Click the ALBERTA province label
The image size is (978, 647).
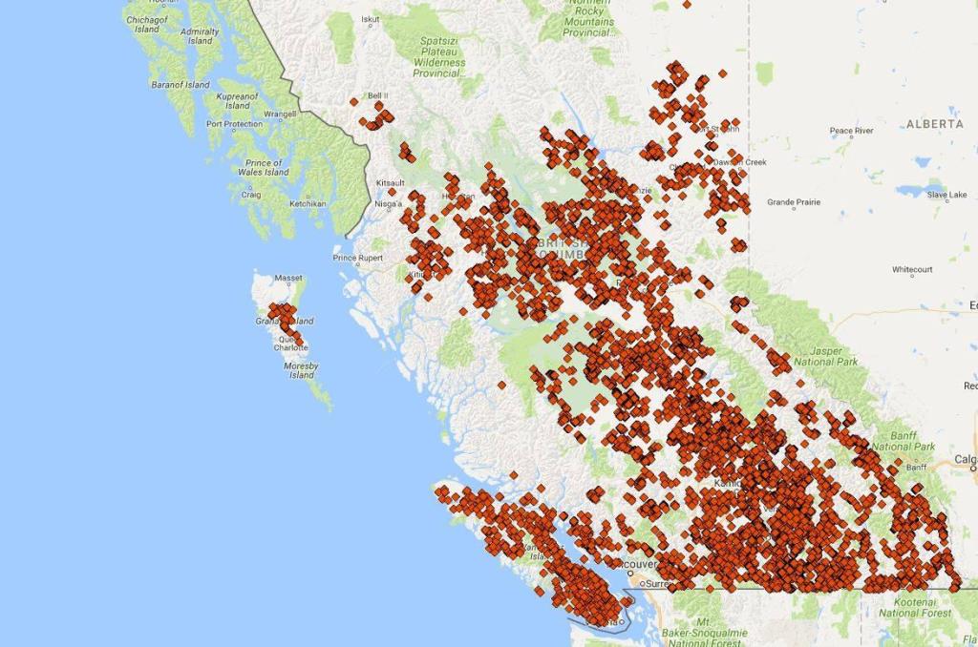coord(934,124)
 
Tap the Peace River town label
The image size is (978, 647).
coord(851,131)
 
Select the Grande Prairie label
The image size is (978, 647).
coord(793,202)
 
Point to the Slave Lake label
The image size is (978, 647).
coord(946,195)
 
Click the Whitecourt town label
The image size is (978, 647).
coord(912,270)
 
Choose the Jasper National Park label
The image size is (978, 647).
coord(826,356)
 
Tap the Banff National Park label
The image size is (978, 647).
coord(904,441)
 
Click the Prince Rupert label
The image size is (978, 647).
coord(357,258)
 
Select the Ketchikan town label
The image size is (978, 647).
coord(308,203)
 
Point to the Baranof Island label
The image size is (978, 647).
coord(180,85)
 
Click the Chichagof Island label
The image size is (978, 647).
coord(147,24)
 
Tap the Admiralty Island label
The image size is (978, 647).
coord(200,36)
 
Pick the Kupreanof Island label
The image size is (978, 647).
coord(237,100)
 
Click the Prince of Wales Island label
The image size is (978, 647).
coord(264,167)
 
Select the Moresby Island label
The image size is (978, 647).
coord(301,370)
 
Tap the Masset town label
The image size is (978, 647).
coord(288,278)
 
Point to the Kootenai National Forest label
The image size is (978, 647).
coord(915,607)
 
